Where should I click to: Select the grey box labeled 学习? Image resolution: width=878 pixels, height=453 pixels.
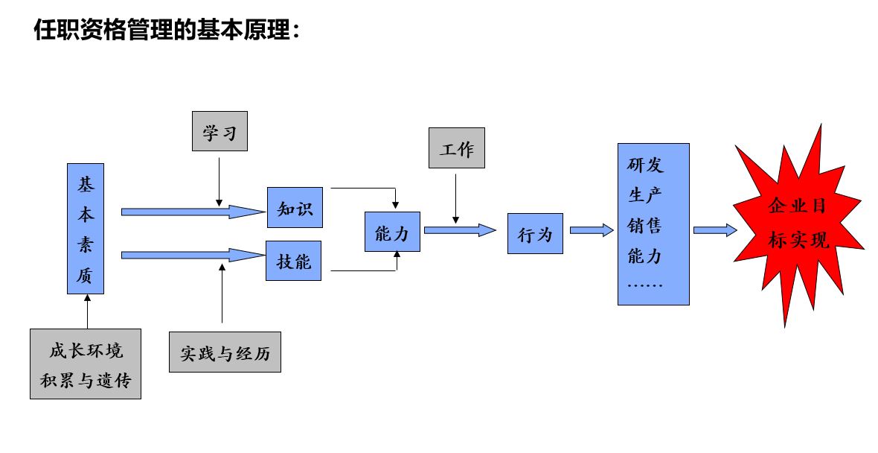tap(219, 131)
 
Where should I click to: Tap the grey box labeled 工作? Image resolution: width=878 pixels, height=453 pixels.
tap(456, 148)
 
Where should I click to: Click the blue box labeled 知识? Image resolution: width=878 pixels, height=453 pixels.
tap(295, 208)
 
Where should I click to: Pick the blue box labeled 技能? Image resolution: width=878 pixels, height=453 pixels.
tap(294, 261)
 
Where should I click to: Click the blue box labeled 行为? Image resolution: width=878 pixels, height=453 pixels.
tap(535, 234)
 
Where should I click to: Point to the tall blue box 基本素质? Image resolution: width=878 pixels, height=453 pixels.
tap(86, 229)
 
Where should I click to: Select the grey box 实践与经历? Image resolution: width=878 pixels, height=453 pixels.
tap(225, 352)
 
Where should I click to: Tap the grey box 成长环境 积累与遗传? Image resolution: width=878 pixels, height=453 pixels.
tap(86, 364)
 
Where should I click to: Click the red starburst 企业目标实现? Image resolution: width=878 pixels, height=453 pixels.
tap(798, 224)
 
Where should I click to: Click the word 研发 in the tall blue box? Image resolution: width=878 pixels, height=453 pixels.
tap(644, 165)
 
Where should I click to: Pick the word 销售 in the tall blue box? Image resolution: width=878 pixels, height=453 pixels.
tap(644, 225)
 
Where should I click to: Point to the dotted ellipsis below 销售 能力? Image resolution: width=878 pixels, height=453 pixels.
tap(644, 285)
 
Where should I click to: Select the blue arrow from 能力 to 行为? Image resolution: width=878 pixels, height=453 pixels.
tap(459, 230)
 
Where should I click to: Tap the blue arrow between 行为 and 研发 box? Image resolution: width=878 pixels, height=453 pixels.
tap(591, 230)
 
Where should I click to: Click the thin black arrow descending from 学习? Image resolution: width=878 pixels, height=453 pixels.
tap(219, 179)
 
